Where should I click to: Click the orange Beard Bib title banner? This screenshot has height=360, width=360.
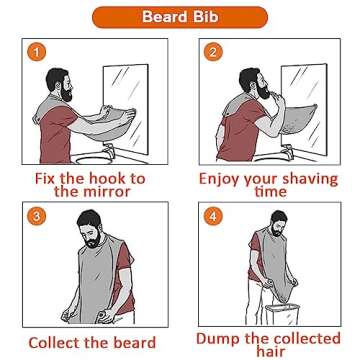pyautogui.click(x=180, y=17)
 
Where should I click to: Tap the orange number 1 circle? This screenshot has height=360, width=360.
pyautogui.click(x=36, y=52)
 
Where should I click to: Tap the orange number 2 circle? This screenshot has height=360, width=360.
pyautogui.click(x=212, y=52)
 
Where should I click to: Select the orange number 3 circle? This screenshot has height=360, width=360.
pyautogui.click(x=36, y=216)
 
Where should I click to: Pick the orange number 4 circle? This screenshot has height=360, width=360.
pyautogui.click(x=212, y=216)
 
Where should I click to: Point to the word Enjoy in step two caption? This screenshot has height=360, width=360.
pyautogui.click(x=223, y=178)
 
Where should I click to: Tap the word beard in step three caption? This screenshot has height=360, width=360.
pyautogui.click(x=134, y=343)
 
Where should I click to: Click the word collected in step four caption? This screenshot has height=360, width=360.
pyautogui.click(x=306, y=339)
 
